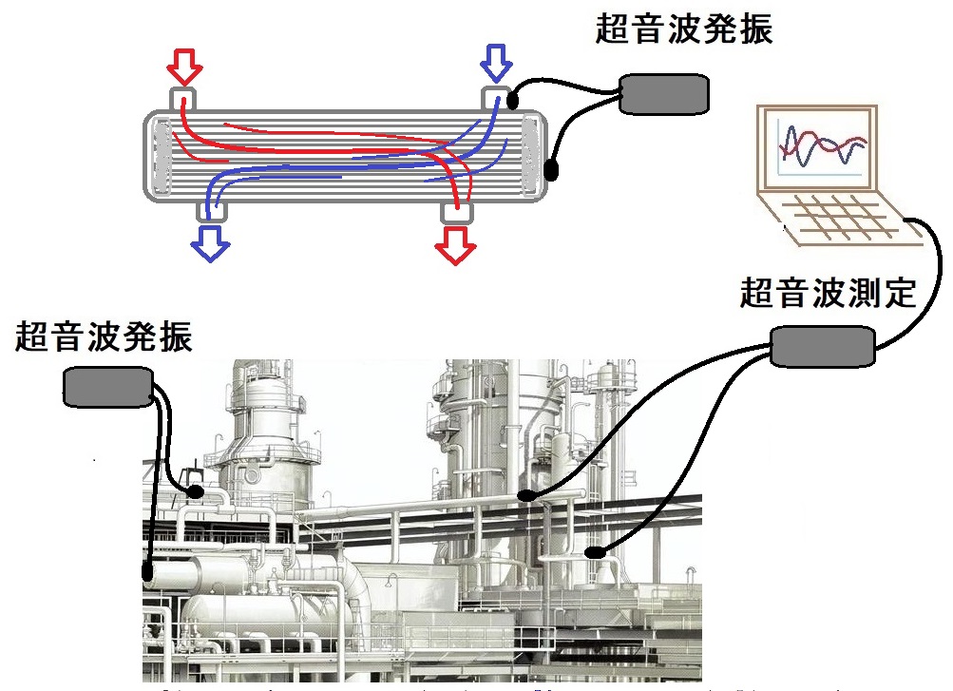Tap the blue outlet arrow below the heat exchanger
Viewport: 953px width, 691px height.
point(211,242)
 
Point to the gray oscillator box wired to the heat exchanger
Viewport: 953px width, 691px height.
point(664,92)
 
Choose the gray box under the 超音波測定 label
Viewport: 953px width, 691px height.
point(821,346)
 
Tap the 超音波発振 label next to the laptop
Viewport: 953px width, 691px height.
point(684,29)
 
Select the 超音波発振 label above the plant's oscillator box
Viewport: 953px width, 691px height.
point(104,336)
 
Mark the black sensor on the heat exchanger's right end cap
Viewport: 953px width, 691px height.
point(552,171)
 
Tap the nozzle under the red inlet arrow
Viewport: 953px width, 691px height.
point(183,98)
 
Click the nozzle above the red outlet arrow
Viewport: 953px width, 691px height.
point(457,212)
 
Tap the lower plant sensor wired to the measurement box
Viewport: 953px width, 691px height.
point(593,551)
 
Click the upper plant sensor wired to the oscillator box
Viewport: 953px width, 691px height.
point(195,491)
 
